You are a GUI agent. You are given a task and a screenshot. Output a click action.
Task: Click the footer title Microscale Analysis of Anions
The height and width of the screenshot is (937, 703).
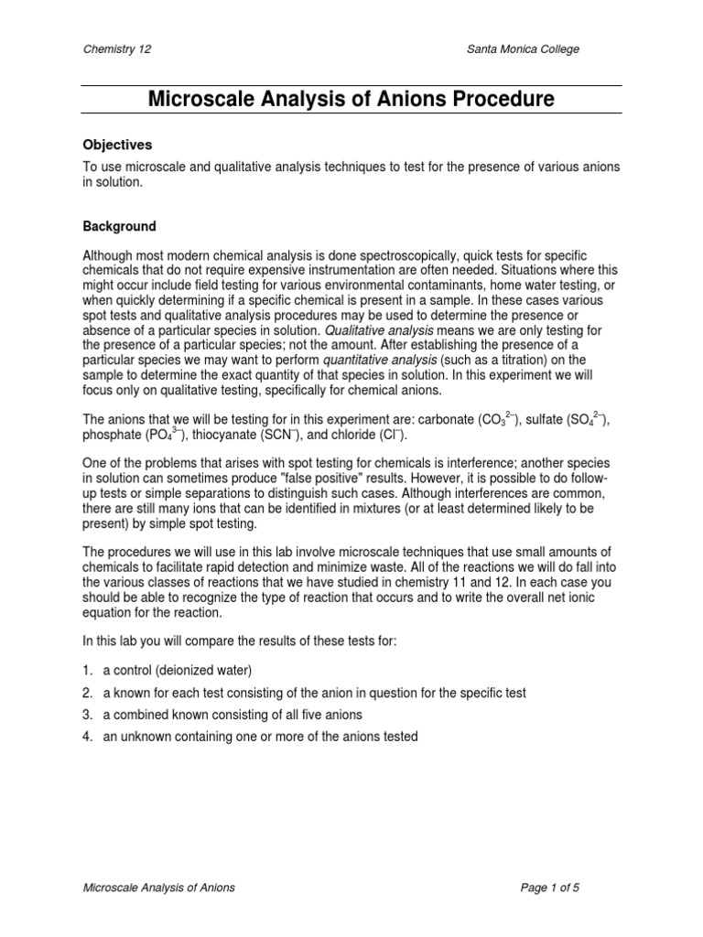click(x=159, y=887)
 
